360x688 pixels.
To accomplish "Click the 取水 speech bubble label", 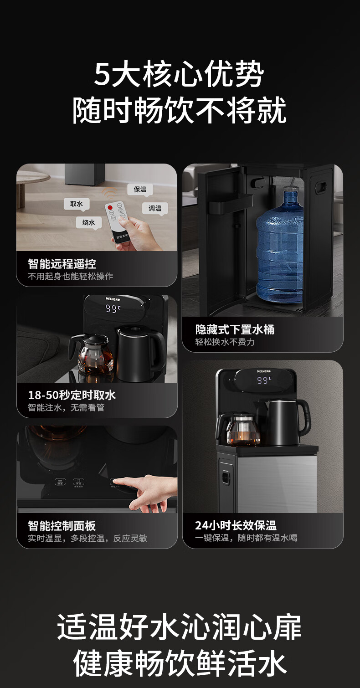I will (77, 204).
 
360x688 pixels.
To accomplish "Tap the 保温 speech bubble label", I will (140, 189).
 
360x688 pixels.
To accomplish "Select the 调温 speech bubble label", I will (155, 208).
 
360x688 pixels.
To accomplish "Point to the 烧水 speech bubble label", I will (89, 222).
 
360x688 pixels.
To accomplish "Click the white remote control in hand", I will (118, 221).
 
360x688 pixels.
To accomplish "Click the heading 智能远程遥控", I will (62, 263).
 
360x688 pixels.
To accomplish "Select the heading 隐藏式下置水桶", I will (235, 329).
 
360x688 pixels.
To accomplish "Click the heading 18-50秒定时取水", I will (72, 395).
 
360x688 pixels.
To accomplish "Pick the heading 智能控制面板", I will (62, 526).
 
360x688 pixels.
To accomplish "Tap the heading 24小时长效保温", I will (236, 525).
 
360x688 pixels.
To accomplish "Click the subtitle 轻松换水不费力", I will (225, 342).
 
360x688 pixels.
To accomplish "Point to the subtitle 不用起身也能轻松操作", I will (71, 276).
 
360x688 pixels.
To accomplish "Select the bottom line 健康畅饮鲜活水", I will (180, 663).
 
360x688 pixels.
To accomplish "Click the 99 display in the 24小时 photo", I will (264, 380).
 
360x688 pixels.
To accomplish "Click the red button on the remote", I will (110, 208).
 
